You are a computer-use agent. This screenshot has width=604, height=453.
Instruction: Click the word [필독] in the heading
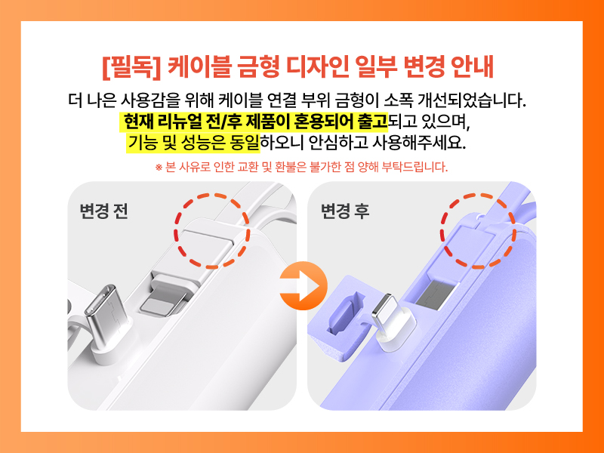coord(131,66)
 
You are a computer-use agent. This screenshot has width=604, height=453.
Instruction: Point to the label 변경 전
coord(103,211)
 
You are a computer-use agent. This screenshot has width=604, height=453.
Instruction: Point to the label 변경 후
coord(345,211)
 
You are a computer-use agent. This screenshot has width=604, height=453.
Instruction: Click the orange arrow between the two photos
coord(304,286)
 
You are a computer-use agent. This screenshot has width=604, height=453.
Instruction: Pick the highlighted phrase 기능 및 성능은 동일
coord(193,143)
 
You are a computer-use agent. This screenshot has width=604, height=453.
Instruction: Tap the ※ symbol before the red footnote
coord(159,168)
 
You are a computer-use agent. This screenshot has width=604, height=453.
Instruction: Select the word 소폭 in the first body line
coord(398,100)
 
